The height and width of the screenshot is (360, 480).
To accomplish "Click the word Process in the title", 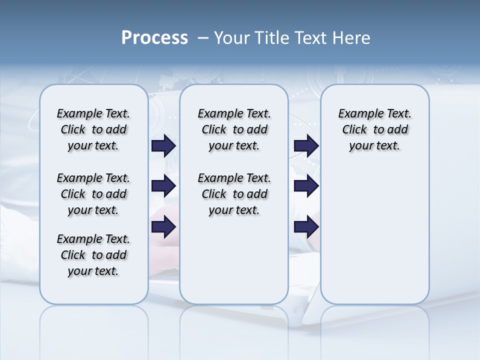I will (x=154, y=38).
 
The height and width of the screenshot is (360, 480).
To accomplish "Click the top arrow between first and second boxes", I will (x=163, y=145).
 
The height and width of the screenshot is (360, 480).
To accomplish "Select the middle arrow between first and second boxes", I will (x=163, y=186).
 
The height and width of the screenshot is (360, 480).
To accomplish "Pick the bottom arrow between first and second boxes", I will (x=163, y=227).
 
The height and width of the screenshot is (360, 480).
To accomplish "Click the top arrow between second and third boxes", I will (x=306, y=145).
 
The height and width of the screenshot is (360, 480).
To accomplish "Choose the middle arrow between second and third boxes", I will (x=306, y=186).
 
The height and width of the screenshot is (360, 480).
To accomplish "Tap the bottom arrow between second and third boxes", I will (x=306, y=227).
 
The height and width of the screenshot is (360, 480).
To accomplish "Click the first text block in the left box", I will (x=93, y=129).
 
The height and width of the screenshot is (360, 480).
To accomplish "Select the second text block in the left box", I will (x=93, y=194).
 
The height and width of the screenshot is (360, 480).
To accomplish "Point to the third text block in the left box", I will (x=93, y=255).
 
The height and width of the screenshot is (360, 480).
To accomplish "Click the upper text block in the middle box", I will (x=234, y=129).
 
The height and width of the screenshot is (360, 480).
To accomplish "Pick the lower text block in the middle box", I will (x=234, y=194).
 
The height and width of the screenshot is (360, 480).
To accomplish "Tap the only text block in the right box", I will (x=374, y=129).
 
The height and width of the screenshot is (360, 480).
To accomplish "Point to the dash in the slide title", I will (x=203, y=38).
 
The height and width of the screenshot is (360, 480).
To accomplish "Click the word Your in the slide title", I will (x=230, y=38).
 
